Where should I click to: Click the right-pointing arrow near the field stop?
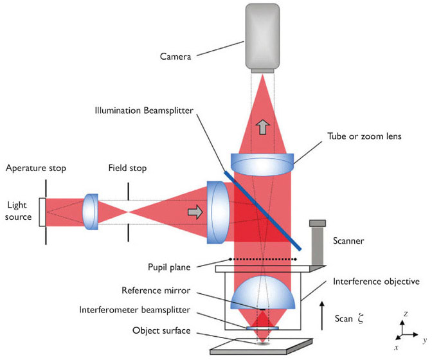[x=193, y=211]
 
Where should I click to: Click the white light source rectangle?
[x=42, y=212]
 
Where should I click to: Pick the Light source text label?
[x=19, y=212]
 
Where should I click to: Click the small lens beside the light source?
[x=91, y=212]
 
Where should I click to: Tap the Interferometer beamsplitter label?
[x=156, y=310]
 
